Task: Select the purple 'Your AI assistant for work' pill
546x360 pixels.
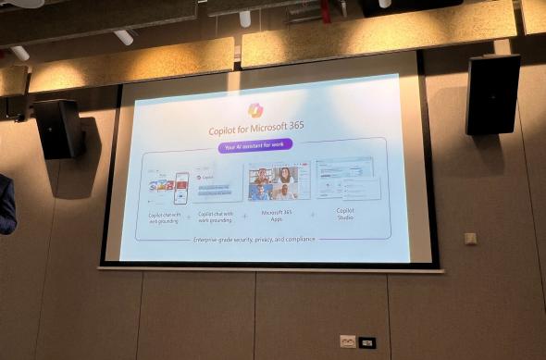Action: click(255, 144)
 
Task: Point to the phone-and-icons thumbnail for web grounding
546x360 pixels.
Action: click(168, 186)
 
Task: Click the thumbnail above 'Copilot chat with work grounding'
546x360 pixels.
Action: click(217, 186)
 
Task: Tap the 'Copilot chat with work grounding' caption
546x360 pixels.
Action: click(217, 218)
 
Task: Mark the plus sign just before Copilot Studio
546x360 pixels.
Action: click(312, 215)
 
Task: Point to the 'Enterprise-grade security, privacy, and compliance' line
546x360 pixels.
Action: click(254, 239)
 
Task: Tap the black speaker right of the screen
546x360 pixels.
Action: click(492, 93)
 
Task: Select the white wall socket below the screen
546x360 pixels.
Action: click(347, 341)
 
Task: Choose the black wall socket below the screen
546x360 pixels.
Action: click(367, 342)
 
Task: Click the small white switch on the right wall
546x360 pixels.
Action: click(470, 238)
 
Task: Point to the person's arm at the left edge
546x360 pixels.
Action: click(6, 204)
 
